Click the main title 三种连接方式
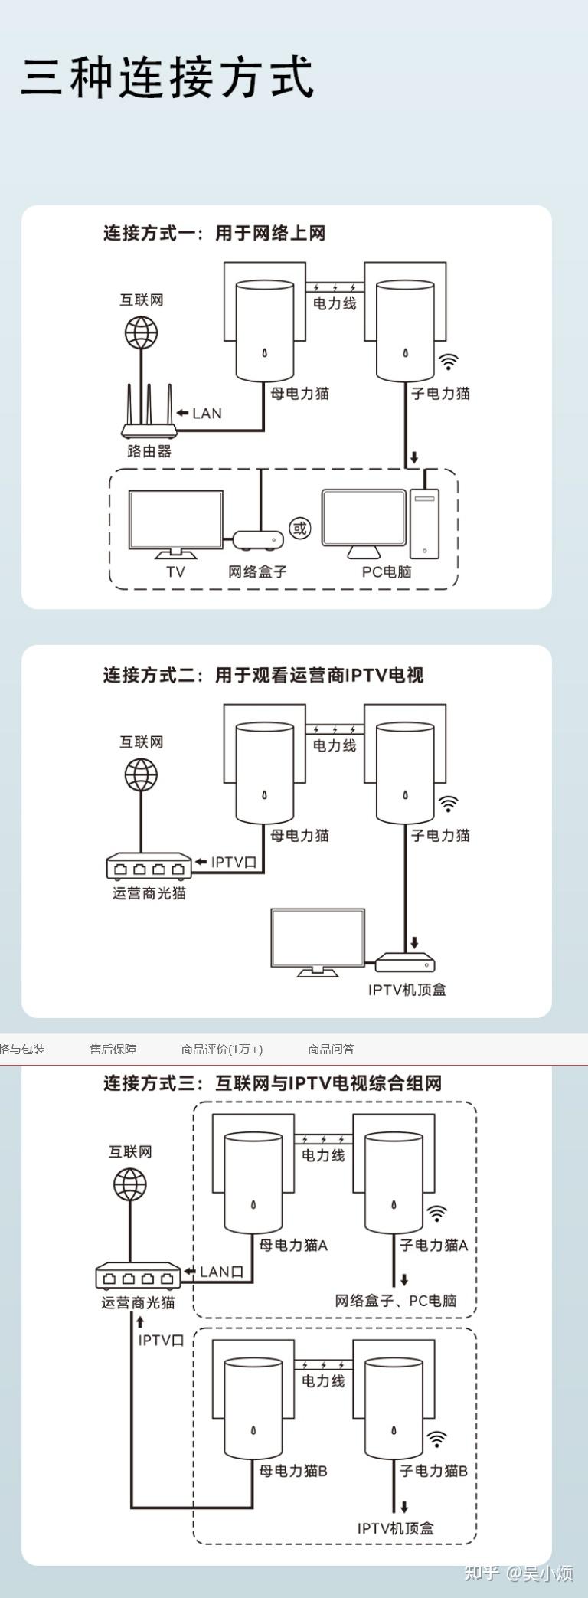pos(168,77)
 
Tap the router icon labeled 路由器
pos(149,414)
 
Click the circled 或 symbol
pos(299,528)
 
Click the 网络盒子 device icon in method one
pos(258,541)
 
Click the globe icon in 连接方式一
pos(142,332)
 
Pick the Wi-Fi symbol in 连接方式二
pos(448,803)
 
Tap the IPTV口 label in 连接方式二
pos(234,862)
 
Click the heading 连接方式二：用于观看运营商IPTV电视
pos(263,675)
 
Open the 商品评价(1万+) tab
pos(222,1049)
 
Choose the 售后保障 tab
pos(113,1049)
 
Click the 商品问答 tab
pos(331,1049)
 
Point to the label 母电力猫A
pos(293,1245)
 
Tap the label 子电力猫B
pos(433,1470)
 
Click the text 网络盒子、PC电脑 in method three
pos(396,1300)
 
